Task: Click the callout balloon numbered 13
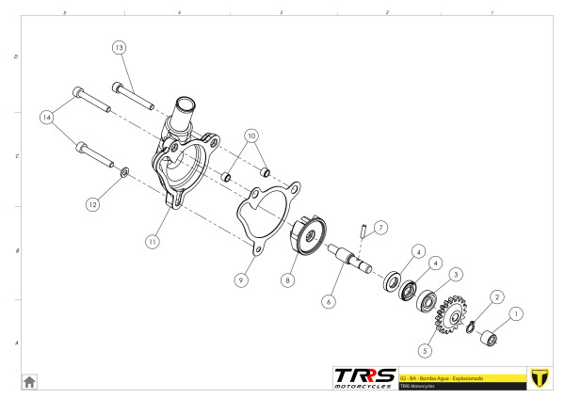pyautogui.click(x=119, y=47)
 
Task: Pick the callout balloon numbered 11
pyautogui.click(x=151, y=241)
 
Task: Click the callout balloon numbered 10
pyautogui.click(x=250, y=135)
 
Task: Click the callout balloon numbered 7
pyautogui.click(x=380, y=228)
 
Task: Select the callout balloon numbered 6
pyautogui.click(x=329, y=302)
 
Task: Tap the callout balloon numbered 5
pyautogui.click(x=426, y=350)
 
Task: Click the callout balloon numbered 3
pyautogui.click(x=455, y=275)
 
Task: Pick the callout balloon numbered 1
pyautogui.click(x=514, y=312)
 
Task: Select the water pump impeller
pyautogui.click(x=307, y=233)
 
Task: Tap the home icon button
pyautogui.click(x=29, y=381)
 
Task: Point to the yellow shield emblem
pyautogui.click(x=540, y=376)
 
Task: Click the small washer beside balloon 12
pyautogui.click(x=125, y=173)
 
